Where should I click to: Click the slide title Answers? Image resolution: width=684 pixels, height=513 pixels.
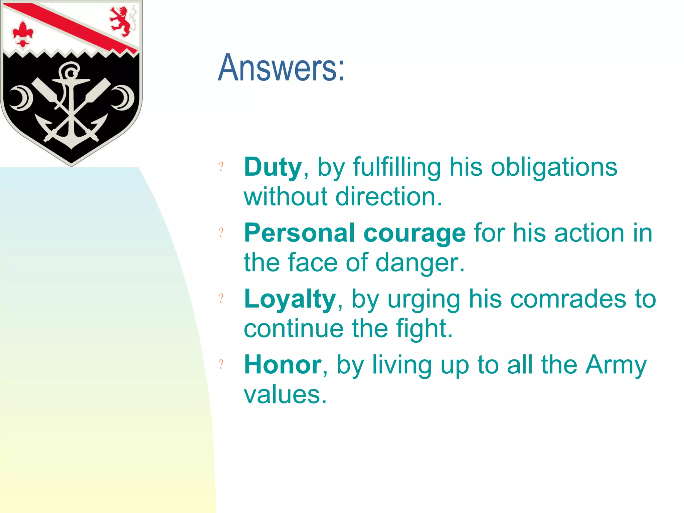click(281, 68)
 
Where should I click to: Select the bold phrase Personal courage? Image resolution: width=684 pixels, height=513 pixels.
click(354, 233)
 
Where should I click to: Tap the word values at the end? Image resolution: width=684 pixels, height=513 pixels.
click(285, 394)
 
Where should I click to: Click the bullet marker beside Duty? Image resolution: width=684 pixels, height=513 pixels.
click(221, 166)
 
